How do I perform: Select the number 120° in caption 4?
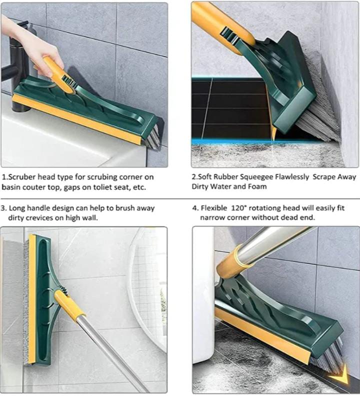(x=239, y=208)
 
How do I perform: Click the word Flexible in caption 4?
(x=214, y=208)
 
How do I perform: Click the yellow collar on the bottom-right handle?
(x=235, y=263)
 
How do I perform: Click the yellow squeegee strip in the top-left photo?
(x=76, y=119)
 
